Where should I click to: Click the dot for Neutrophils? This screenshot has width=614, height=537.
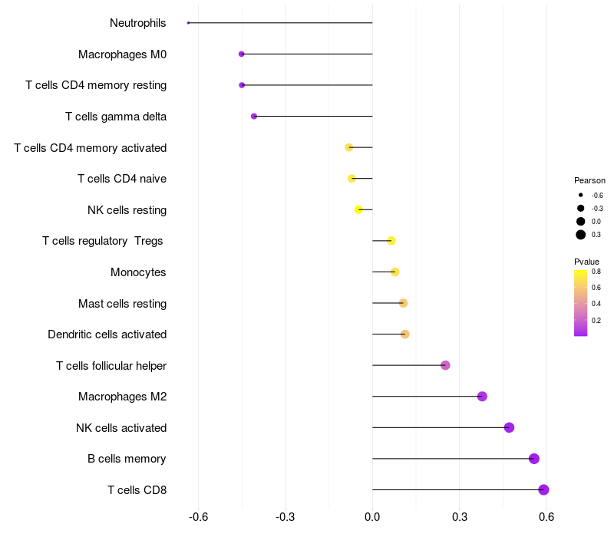(x=188, y=23)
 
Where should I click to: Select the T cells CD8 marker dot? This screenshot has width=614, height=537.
(x=543, y=490)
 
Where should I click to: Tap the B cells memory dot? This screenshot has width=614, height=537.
(x=534, y=459)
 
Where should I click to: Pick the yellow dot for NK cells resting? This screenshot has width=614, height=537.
(x=358, y=209)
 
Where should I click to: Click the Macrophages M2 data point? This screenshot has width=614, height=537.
(x=482, y=397)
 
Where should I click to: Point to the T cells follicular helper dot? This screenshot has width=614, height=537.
(x=445, y=365)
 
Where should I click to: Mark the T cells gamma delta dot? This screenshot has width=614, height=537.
(x=254, y=117)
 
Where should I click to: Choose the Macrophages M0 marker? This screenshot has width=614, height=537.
(x=242, y=54)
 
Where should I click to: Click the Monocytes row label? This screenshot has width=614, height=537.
(x=138, y=272)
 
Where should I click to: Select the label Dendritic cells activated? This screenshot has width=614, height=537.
(x=107, y=334)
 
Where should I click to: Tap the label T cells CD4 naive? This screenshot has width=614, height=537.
(x=122, y=179)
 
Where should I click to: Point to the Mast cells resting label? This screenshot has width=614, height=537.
(x=122, y=304)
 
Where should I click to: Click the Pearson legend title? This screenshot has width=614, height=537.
(x=589, y=180)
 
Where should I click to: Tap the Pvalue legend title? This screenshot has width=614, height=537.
(x=587, y=262)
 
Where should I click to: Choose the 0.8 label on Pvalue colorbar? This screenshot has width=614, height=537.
(x=596, y=271)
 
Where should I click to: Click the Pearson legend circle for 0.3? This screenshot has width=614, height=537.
(x=581, y=235)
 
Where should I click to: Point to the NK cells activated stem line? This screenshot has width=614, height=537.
(x=437, y=427)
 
